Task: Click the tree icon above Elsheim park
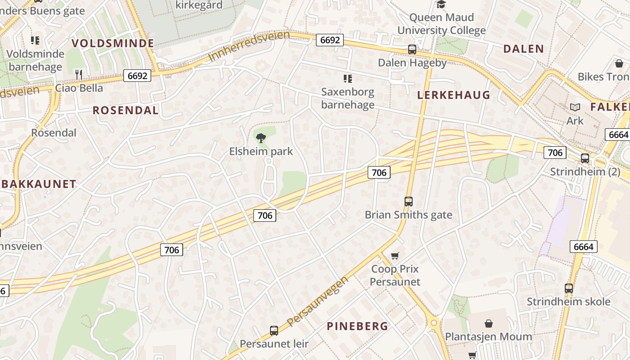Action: click(261, 138)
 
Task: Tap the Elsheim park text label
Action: click(261, 151)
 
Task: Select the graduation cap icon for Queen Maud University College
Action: click(441, 4)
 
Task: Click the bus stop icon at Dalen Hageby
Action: click(412, 49)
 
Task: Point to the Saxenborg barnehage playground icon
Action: click(347, 79)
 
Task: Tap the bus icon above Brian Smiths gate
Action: click(408, 202)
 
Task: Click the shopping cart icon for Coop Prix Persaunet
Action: click(395, 256)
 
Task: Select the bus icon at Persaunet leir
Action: click(274, 331)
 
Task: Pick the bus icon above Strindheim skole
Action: click(569, 288)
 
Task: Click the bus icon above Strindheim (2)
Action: click(585, 158)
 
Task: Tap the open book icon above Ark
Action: click(575, 107)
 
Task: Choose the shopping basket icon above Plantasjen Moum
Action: click(488, 323)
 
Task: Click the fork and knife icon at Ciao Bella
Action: click(79, 74)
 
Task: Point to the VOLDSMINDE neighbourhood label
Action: click(113, 43)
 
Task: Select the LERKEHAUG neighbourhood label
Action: click(454, 95)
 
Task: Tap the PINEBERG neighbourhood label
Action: click(357, 326)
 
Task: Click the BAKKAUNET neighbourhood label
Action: click(38, 184)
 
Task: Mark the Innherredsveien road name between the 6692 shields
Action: click(249, 47)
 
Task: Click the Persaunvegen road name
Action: click(318, 301)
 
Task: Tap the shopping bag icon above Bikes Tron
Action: click(619, 63)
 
